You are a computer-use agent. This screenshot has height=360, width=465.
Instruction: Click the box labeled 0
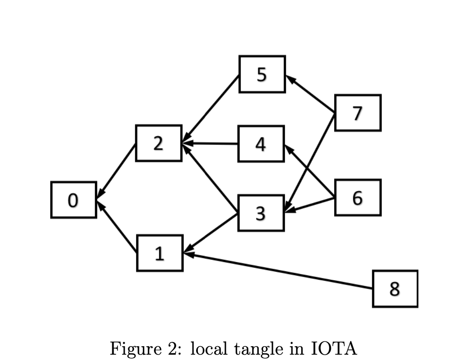point(74,200)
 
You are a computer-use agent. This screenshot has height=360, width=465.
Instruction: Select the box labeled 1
point(160,253)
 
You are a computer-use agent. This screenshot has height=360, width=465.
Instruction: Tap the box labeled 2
point(158,143)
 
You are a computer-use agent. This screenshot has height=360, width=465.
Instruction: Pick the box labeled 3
point(261,213)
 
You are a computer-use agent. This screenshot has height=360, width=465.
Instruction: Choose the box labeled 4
point(261,144)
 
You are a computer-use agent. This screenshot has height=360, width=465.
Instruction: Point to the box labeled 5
point(262,74)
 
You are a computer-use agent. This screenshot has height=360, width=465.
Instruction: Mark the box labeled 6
point(358,197)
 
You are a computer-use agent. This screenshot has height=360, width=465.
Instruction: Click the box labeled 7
point(358,113)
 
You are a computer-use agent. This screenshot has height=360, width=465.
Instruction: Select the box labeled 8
point(395,289)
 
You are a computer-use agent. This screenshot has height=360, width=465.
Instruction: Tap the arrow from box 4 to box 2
point(210,144)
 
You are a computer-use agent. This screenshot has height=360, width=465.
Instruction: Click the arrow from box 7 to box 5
point(310,94)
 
